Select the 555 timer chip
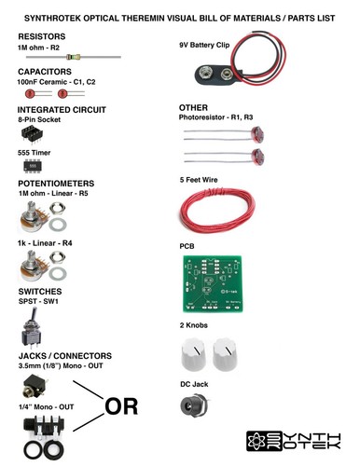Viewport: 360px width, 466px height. click(x=30, y=165)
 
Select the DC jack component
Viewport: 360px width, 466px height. click(x=195, y=406)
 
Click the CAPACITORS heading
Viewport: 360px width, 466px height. click(x=45, y=71)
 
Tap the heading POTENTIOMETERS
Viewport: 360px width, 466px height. click(x=57, y=184)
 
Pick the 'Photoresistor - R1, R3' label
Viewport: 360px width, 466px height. click(x=215, y=118)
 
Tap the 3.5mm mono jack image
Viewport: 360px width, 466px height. click(x=31, y=385)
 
